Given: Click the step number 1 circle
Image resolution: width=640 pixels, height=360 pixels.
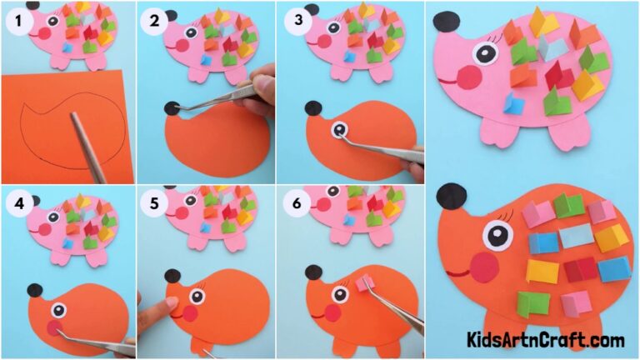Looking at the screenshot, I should (x=15, y=22).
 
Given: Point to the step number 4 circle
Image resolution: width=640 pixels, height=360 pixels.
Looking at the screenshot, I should (x=15, y=202).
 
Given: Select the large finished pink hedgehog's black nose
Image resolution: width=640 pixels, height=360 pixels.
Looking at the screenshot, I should (x=445, y=20).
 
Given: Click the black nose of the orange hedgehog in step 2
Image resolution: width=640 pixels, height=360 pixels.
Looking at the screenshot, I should (x=173, y=107).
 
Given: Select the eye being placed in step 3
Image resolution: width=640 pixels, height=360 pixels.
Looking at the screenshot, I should (x=339, y=129).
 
